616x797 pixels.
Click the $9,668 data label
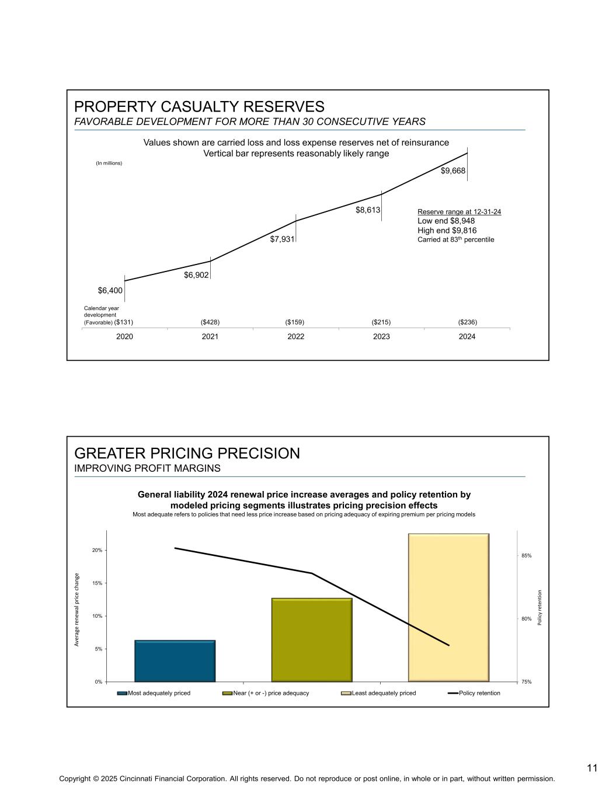pyautogui.click(x=453, y=170)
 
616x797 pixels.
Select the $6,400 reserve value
pyautogui.click(x=110, y=290)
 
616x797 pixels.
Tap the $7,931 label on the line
pyautogui.click(x=282, y=239)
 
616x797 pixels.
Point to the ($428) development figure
pyautogui.click(x=210, y=322)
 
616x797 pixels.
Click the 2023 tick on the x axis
pyautogui.click(x=381, y=336)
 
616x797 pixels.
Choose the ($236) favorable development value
pyautogui.click(x=467, y=322)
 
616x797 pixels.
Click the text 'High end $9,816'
pyautogui.click(x=447, y=230)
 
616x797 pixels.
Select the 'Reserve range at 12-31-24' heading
pyautogui.click(x=459, y=212)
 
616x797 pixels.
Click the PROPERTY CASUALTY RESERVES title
pyautogui.click(x=199, y=107)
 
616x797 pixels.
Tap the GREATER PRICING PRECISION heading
pyautogui.click(x=187, y=453)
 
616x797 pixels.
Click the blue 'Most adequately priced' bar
pyautogui.click(x=175, y=660)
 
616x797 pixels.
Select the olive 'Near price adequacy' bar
pyautogui.click(x=312, y=639)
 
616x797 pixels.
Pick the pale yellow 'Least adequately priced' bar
pyautogui.click(x=448, y=607)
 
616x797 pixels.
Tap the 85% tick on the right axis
pyautogui.click(x=527, y=556)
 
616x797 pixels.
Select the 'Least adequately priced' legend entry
pyautogui.click(x=383, y=693)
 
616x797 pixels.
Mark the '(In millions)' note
pyautogui.click(x=109, y=163)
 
